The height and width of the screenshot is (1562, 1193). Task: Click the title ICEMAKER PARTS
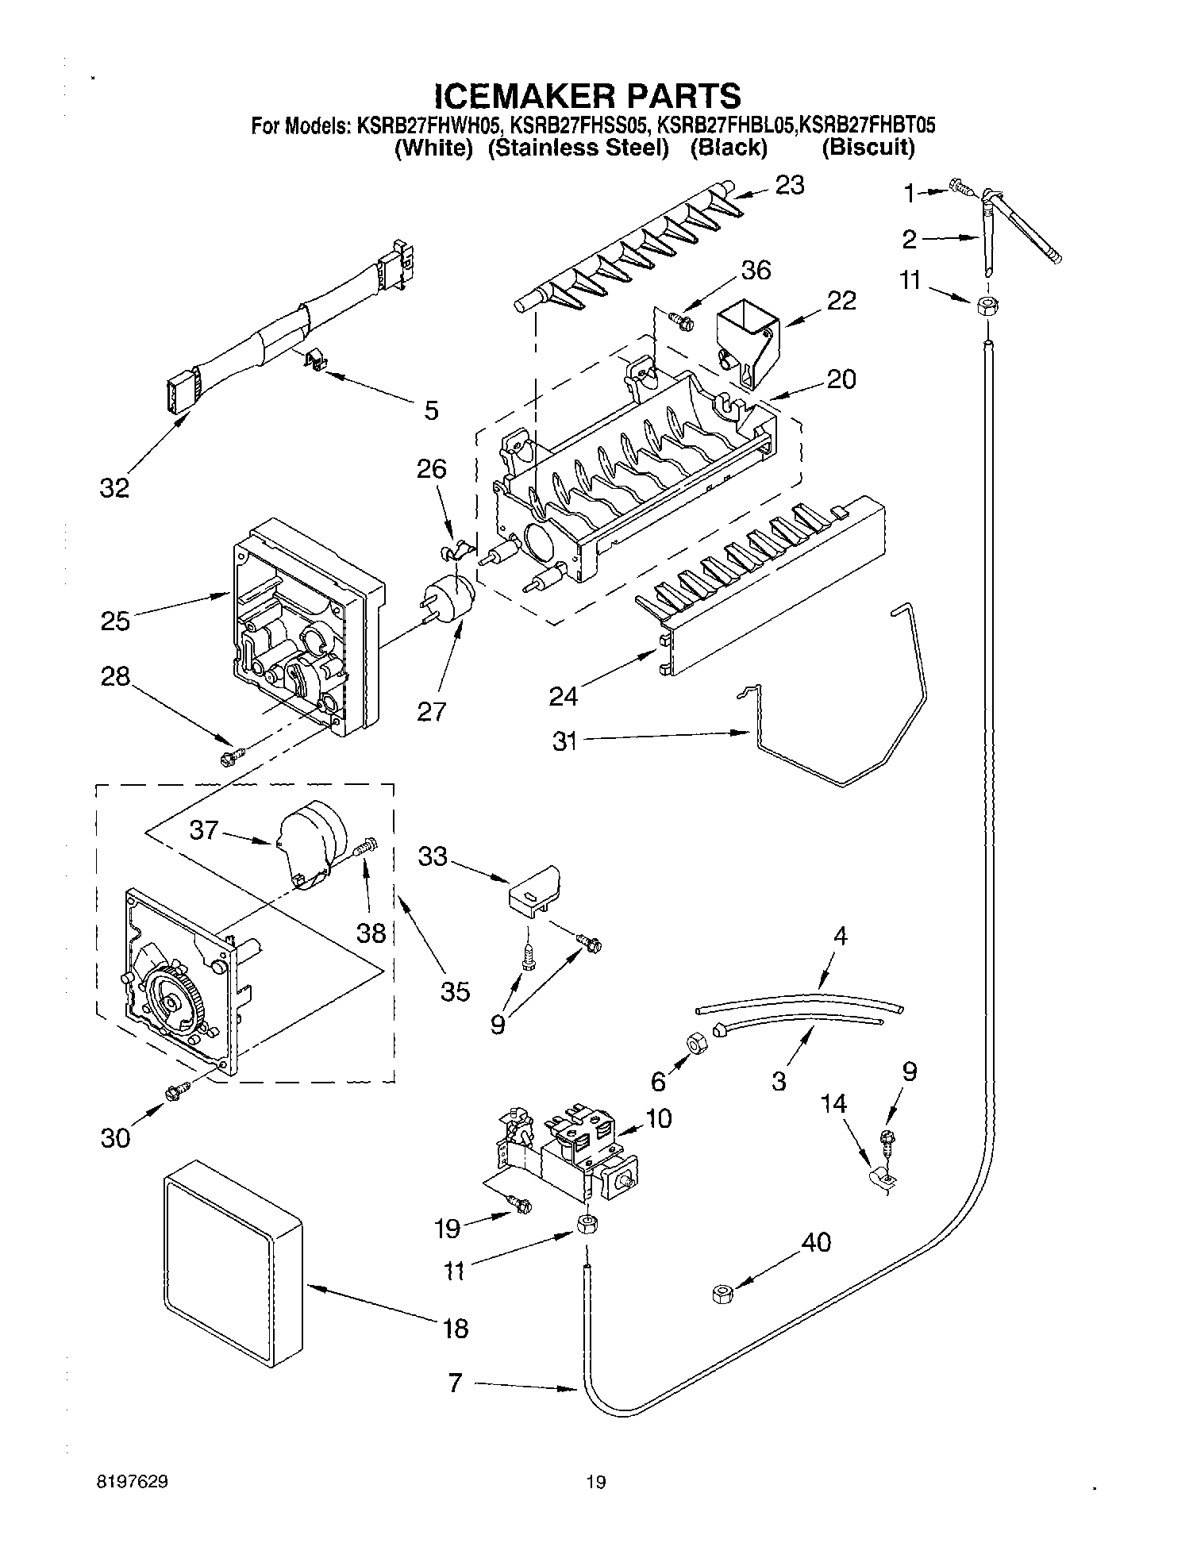coord(588,95)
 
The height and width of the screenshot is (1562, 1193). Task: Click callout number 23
coord(789,185)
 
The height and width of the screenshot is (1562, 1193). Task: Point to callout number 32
coord(114,487)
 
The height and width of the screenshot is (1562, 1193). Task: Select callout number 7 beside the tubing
coord(455,1383)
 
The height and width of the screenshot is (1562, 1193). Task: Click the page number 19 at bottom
coord(595,1480)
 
